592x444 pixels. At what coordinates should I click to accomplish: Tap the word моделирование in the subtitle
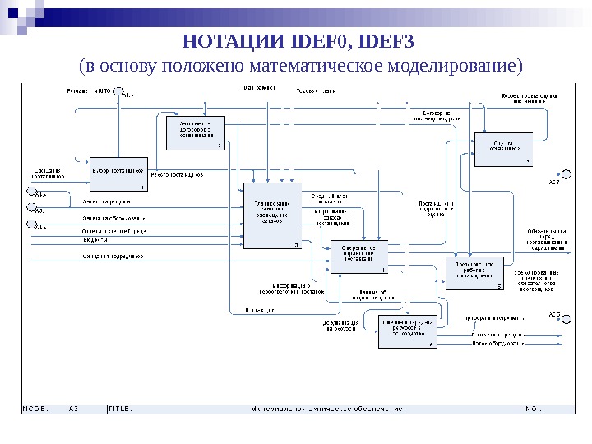tap(450, 64)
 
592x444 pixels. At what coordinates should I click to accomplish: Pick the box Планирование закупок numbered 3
tap(273, 216)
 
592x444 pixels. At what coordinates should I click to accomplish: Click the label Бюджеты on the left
tap(95, 242)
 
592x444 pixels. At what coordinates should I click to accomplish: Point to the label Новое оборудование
tap(497, 343)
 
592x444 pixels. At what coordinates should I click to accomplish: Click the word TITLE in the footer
tap(121, 409)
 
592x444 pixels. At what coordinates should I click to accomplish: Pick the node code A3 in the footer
tap(74, 409)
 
